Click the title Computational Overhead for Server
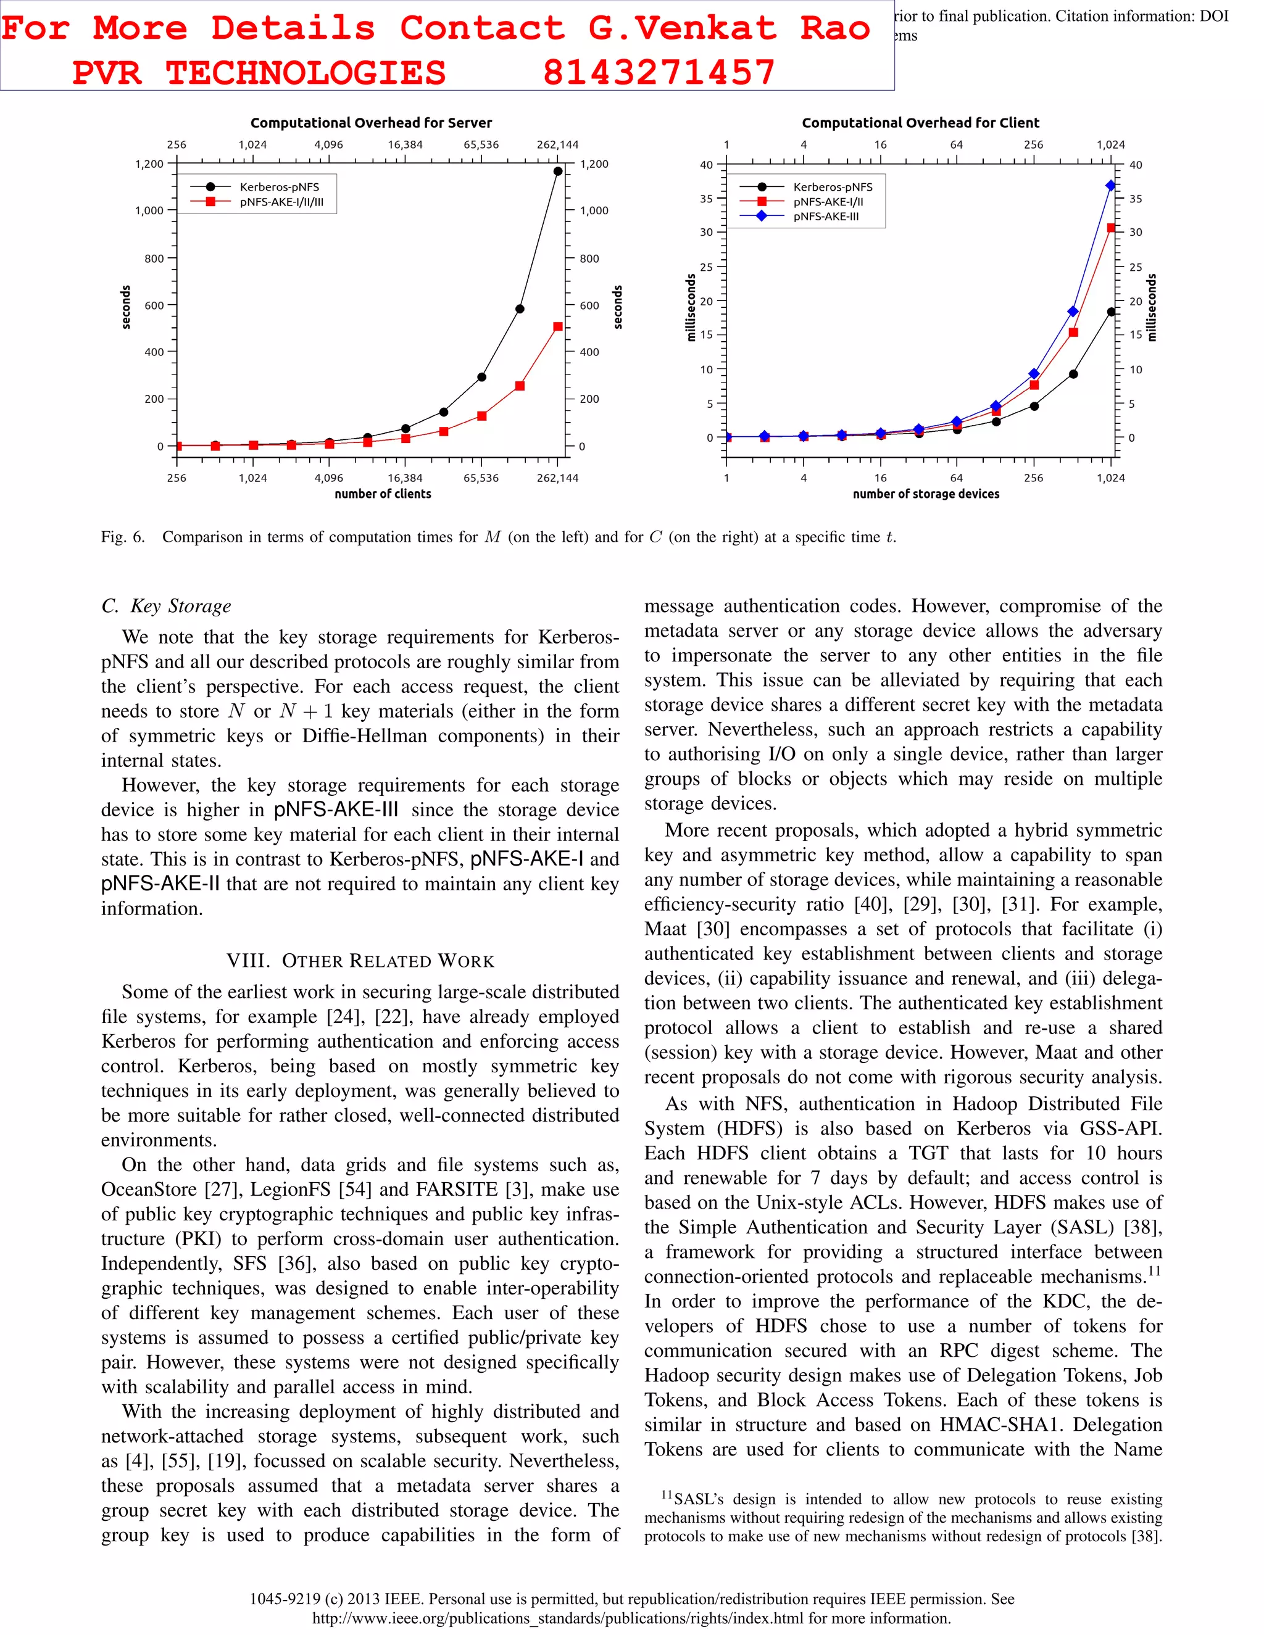pyautogui.click(x=371, y=123)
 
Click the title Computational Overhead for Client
pyautogui.click(x=920, y=123)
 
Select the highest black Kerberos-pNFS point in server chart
pyautogui.click(x=557, y=172)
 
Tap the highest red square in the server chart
pyautogui.click(x=557, y=326)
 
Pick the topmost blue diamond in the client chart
pyautogui.click(x=1110, y=186)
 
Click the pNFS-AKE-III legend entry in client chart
pyautogui.click(x=826, y=217)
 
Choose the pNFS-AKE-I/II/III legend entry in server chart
pyautogui.click(x=281, y=201)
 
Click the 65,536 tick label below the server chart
pyautogui.click(x=481, y=478)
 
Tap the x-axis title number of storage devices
pyautogui.click(x=926, y=494)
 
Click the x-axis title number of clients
pyautogui.click(x=383, y=494)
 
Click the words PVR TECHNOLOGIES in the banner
pyautogui.click(x=259, y=73)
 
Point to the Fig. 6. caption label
pyautogui.click(x=123, y=537)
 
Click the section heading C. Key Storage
pyautogui.click(x=166, y=606)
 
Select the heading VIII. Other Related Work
pyautogui.click(x=360, y=961)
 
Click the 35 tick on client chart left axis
pyautogui.click(x=706, y=199)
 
